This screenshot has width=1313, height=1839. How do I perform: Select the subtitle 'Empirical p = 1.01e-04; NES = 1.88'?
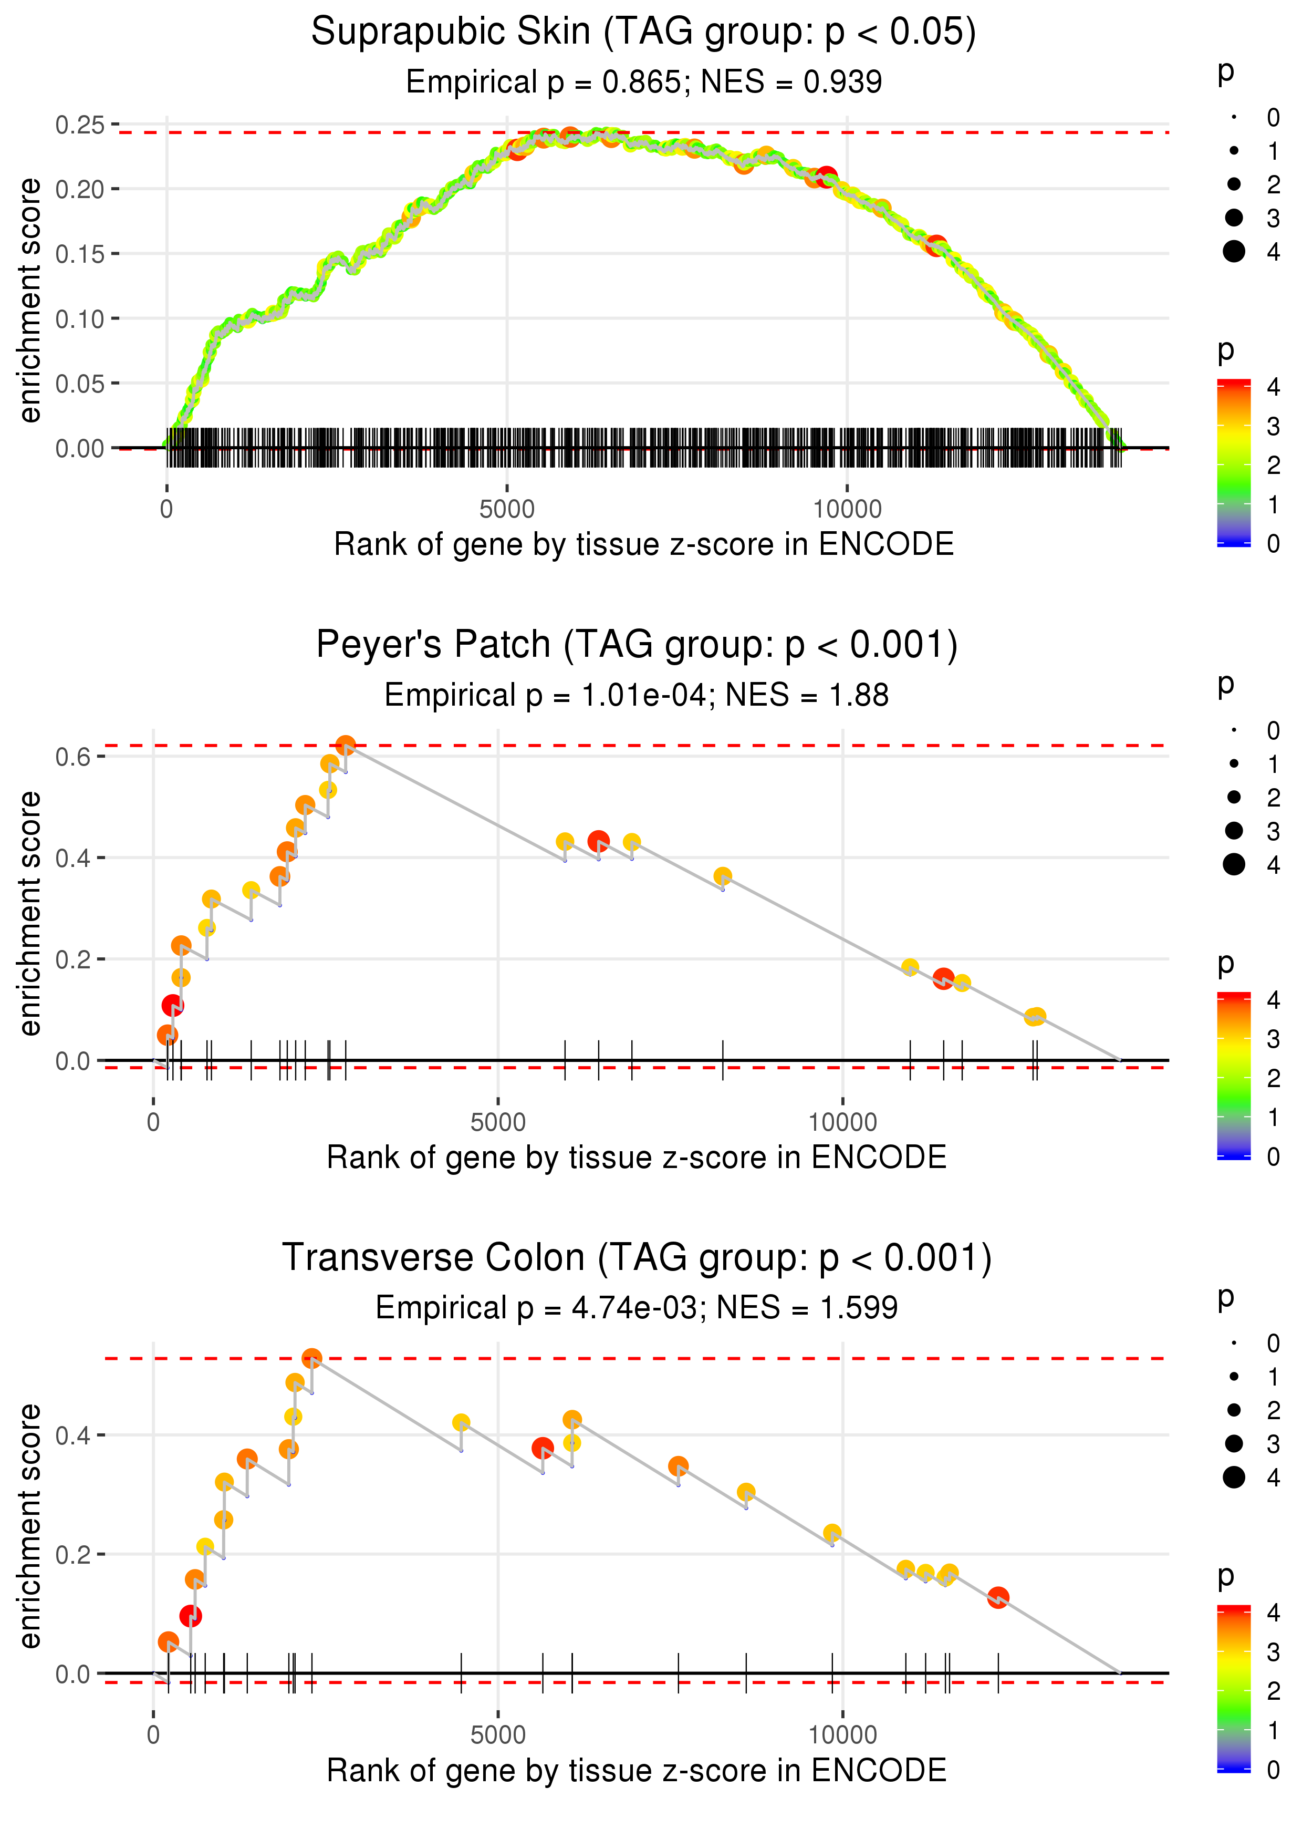coord(637,695)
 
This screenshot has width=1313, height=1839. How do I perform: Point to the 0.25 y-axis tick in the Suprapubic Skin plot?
coord(80,126)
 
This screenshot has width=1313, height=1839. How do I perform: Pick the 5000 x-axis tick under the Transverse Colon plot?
coord(498,1734)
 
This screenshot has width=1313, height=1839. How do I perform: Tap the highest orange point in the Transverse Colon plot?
coord(311,1358)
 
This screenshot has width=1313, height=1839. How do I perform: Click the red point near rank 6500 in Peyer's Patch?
coord(598,841)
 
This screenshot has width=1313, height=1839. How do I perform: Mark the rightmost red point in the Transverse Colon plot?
coord(998,1597)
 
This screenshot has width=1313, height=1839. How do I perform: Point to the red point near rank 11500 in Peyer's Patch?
coord(943,978)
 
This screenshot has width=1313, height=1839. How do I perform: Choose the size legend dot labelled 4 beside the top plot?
coord(1234,252)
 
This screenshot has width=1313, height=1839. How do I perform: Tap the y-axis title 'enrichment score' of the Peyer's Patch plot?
coord(30,913)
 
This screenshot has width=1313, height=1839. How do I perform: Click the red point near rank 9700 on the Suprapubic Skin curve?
coord(826,177)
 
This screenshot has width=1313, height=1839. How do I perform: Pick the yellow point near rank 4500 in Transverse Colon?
coord(461,1422)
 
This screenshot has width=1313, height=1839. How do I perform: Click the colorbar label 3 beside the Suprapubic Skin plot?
coord(1274,426)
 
